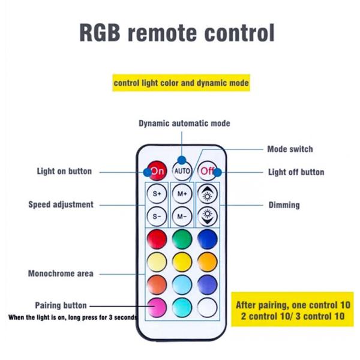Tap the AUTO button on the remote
tap(182, 171)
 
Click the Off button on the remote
tap(207, 171)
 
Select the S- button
tap(157, 215)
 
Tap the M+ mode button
tap(182, 194)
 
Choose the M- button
tap(182, 215)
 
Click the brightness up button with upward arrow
tap(207, 194)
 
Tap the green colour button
tap(182, 239)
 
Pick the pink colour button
tap(157, 307)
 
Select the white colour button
tap(207, 307)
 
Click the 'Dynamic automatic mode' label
tap(184, 124)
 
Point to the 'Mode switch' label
tap(290, 149)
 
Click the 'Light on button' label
tap(64, 172)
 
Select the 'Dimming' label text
tap(284, 205)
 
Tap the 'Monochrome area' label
tap(61, 274)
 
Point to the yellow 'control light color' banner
tap(181, 83)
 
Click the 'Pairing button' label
tap(61, 305)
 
